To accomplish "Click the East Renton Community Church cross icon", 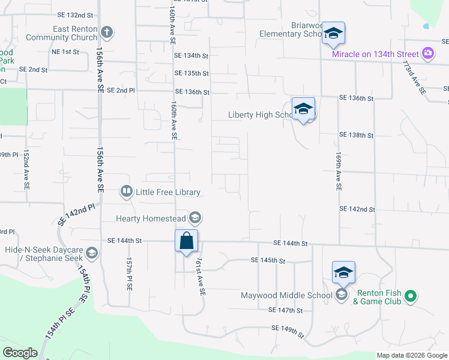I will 107,32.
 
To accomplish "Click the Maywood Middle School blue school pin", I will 343,273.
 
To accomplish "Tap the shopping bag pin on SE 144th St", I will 187,241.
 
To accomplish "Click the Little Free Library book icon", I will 127,191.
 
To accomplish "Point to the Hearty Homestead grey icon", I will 195,217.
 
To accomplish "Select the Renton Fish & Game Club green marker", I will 411,296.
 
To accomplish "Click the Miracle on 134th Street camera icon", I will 427,53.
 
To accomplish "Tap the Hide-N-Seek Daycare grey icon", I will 92,253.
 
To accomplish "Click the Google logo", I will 20,353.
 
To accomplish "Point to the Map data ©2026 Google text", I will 411,355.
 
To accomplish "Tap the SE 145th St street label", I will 268,260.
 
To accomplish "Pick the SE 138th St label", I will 357,136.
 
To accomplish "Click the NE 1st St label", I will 65,52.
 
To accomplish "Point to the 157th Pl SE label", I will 129,275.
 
